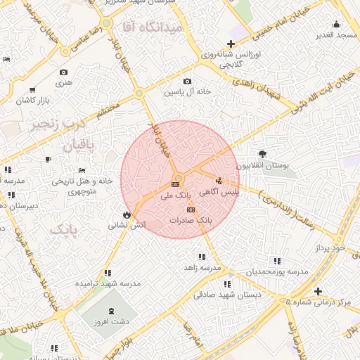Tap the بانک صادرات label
190,220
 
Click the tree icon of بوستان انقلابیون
262,154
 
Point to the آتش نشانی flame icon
126,214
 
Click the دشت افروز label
112,321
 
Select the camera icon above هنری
64,72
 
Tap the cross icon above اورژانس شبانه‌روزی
231,44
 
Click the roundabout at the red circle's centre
179,178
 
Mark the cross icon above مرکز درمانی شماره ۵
319,291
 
